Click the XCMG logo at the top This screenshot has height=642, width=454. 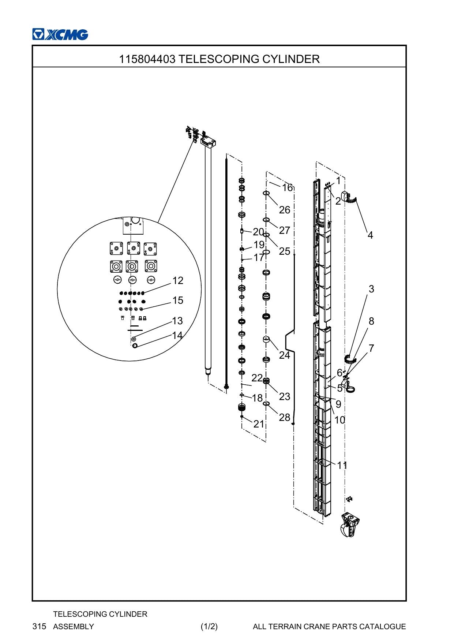click(60, 34)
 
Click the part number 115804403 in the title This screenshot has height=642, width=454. click(147, 59)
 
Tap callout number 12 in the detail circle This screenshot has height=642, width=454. click(178, 280)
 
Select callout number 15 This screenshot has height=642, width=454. click(178, 300)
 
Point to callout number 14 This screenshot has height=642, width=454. click(177, 335)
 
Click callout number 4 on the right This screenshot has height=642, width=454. click(370, 235)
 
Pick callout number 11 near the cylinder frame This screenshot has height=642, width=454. click(342, 465)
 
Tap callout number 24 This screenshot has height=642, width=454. click(285, 355)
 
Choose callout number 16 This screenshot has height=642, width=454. click(288, 187)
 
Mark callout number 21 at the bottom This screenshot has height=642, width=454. click(259, 424)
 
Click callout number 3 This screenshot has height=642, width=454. click(371, 289)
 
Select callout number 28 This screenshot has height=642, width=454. click(285, 417)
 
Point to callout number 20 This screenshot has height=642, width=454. click(258, 232)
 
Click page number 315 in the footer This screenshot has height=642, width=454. click(40, 626)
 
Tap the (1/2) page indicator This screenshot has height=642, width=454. click(209, 626)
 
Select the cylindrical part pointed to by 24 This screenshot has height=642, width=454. click(266, 339)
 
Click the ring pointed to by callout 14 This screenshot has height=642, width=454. click(135, 346)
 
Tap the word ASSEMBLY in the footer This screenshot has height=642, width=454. click(74, 626)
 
